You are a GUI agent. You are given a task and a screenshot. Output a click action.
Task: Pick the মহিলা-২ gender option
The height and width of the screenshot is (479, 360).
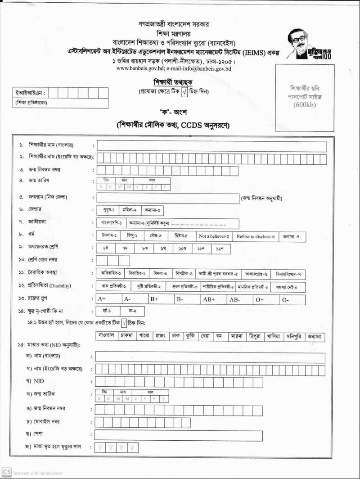pos(130,210)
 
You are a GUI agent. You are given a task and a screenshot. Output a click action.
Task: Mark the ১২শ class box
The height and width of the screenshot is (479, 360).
pos(220,248)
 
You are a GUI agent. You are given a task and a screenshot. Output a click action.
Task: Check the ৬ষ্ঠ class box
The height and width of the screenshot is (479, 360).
pos(106,248)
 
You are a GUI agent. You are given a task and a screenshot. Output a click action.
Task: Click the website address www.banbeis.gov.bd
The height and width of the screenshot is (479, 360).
pos(135,69)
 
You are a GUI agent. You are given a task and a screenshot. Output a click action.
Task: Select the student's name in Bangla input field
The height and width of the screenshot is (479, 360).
pos(211,146)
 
